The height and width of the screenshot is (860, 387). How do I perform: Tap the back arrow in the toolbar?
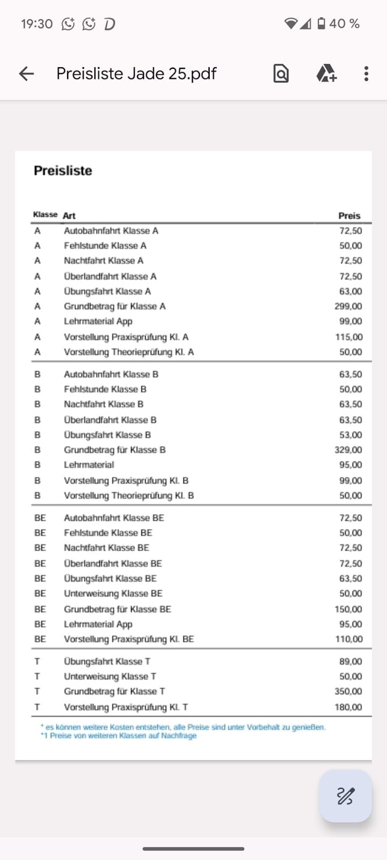26,74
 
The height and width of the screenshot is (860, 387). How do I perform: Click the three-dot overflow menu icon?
366,74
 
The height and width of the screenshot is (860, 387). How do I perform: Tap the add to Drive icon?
326,73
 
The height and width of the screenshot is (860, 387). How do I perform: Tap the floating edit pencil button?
345,795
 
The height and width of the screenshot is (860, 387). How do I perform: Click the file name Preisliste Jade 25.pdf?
136,74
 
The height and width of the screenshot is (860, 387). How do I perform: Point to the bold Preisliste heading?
63,170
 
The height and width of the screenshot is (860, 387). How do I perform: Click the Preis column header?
349,216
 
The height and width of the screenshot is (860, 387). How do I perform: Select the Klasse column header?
45,214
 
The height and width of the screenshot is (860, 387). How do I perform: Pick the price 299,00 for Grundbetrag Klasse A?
348,306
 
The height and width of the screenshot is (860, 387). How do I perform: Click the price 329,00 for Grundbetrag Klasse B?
348,450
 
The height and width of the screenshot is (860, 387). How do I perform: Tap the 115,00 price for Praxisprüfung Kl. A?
349,337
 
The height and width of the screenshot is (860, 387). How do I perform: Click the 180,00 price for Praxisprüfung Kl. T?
348,707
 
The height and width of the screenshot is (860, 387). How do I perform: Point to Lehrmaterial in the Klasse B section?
89,465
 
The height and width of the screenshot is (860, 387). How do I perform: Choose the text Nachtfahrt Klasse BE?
106,548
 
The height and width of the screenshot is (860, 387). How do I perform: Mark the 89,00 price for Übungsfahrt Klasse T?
350,662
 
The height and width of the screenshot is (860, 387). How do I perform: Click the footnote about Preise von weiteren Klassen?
119,735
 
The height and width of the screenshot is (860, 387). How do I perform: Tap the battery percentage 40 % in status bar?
344,24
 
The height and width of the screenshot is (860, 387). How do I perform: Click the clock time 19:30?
37,24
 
